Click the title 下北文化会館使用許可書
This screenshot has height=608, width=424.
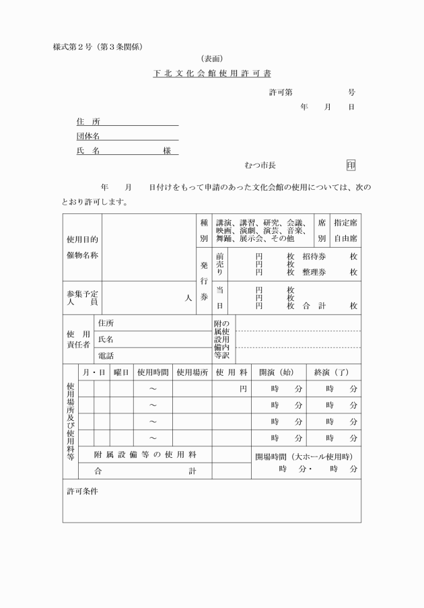click(x=212, y=72)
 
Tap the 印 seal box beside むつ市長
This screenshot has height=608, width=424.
click(x=351, y=165)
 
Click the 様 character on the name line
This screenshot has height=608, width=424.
click(x=167, y=151)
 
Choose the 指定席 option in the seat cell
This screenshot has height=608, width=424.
click(x=345, y=222)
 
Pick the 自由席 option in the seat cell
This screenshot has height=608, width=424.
click(x=345, y=238)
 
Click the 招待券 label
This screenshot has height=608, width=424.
click(x=314, y=257)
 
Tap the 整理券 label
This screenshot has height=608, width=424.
click(x=314, y=271)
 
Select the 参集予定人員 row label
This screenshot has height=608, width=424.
click(x=81, y=298)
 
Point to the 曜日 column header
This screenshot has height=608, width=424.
click(x=121, y=372)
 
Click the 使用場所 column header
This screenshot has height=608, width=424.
click(x=192, y=372)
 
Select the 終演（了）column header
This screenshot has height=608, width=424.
click(x=332, y=372)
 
